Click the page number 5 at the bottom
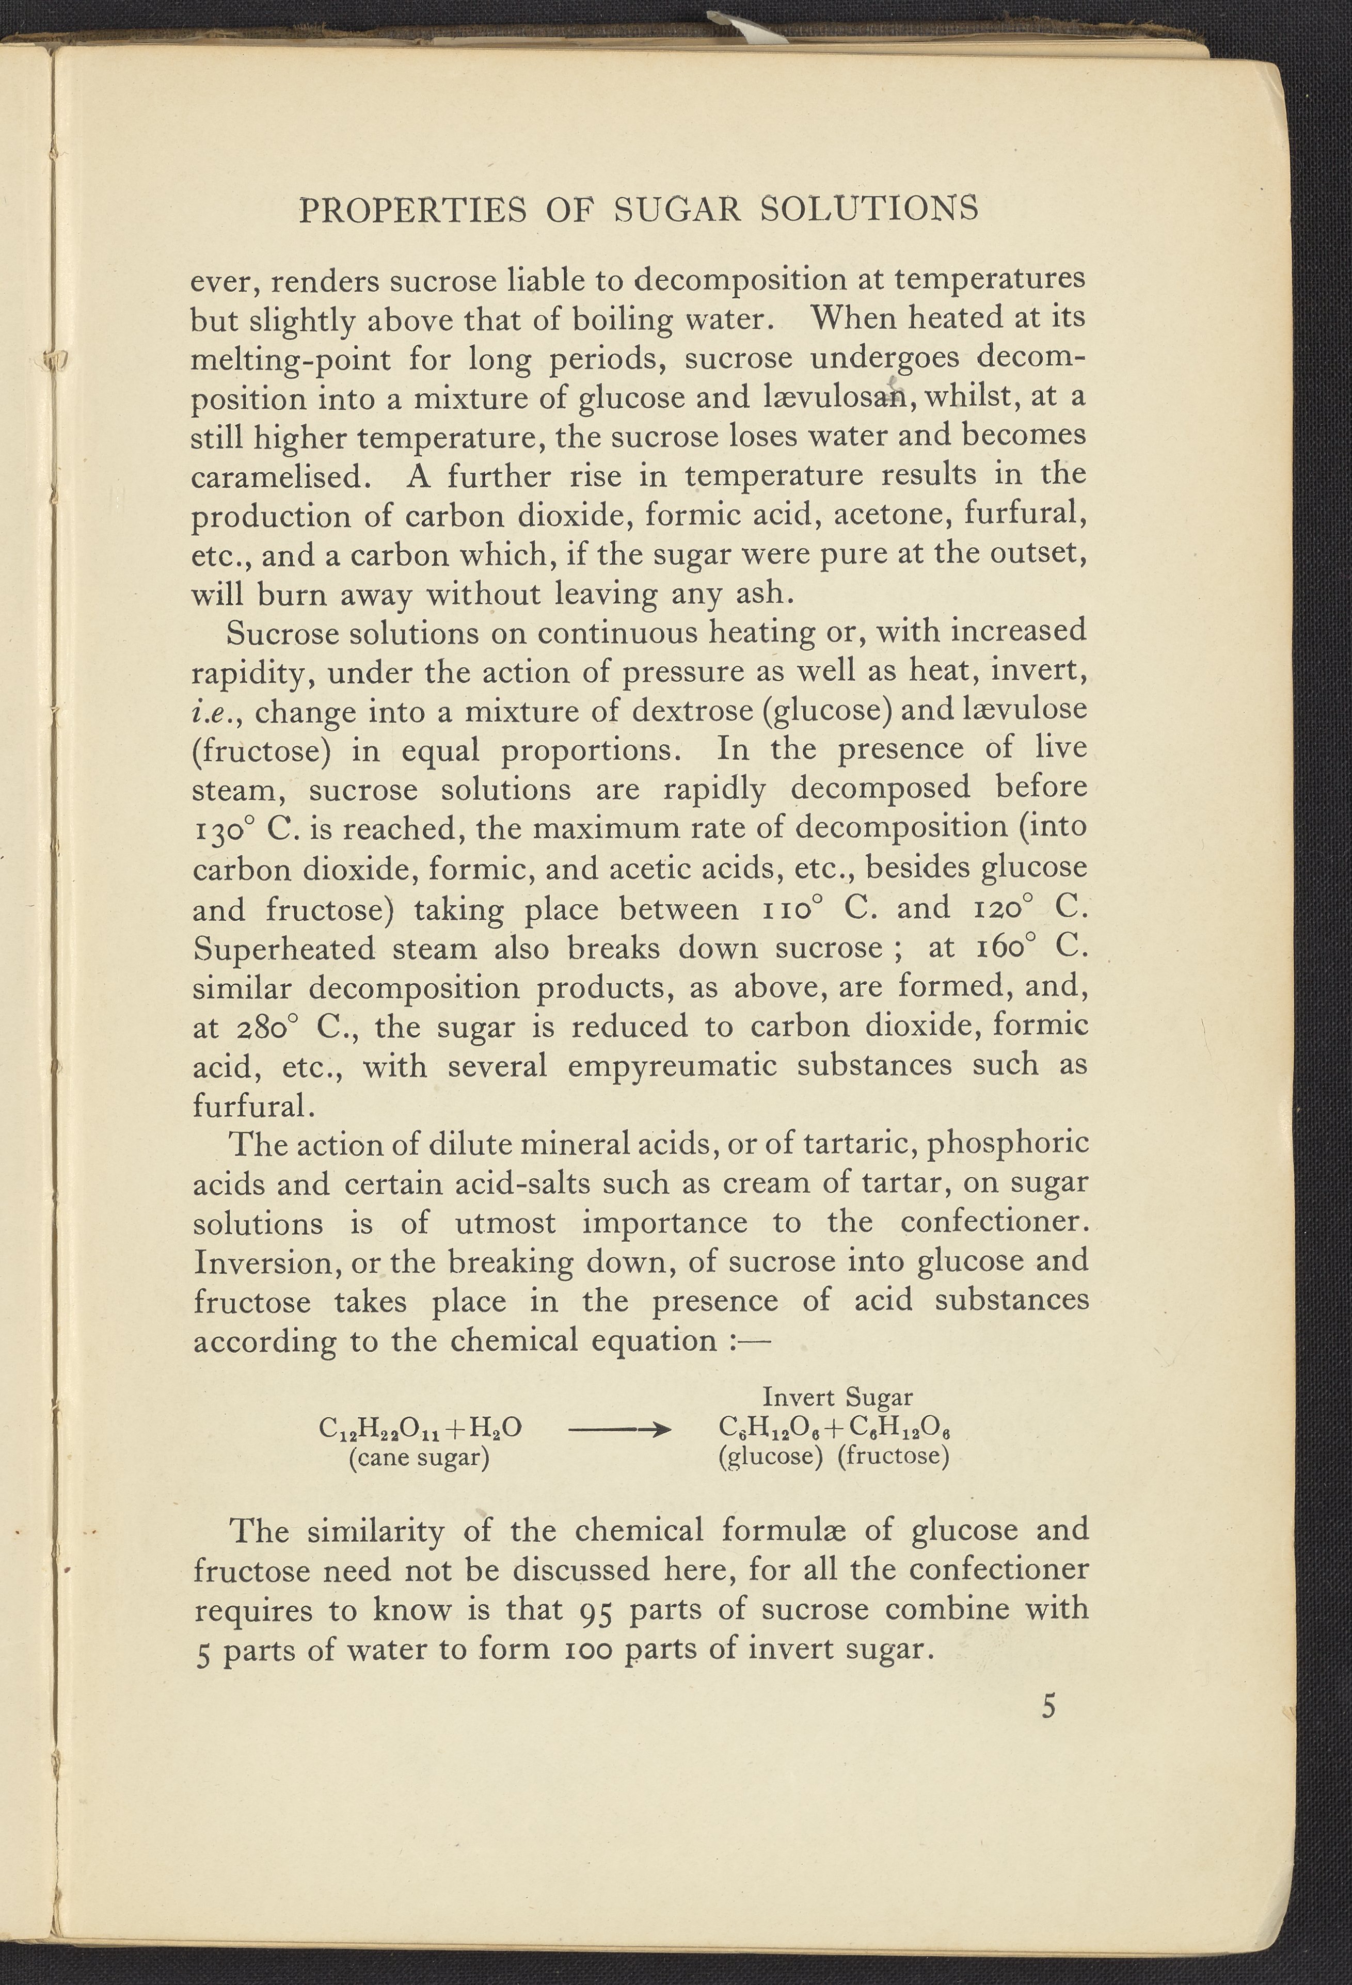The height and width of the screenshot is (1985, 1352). click(1049, 1707)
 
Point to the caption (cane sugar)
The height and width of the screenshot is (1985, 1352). click(419, 1457)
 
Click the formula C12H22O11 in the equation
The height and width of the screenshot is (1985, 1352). click(377, 1429)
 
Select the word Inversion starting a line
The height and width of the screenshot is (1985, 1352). click(261, 1262)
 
